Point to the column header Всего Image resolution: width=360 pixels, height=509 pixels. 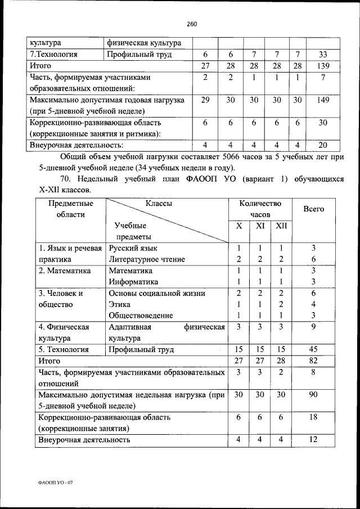[313, 209]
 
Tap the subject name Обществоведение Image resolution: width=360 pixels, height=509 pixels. [141, 316]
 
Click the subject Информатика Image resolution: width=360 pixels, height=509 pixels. [133, 282]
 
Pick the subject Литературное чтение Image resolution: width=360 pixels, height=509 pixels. [147, 259]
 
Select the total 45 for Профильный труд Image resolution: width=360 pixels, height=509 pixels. [313, 349]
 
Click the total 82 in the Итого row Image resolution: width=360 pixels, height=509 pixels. [313, 361]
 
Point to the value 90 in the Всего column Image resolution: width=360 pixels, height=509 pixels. [313, 395]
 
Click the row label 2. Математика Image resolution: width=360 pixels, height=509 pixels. [64, 271]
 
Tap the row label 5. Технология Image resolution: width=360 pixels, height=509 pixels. [63, 349]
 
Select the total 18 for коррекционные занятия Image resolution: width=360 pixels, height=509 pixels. [313, 417]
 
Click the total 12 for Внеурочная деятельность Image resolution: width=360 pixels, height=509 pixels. [313, 439]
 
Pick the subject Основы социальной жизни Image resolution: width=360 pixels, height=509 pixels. [157, 293]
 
